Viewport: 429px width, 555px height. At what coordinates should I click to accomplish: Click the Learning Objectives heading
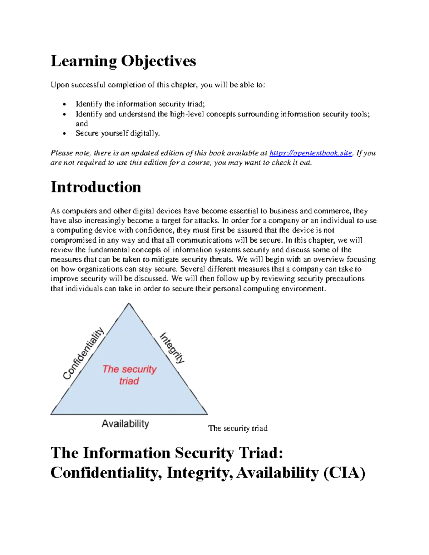tap(123, 61)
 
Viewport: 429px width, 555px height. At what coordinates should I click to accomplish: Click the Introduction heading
tap(96, 187)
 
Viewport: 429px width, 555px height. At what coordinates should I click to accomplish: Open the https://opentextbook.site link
tap(311, 153)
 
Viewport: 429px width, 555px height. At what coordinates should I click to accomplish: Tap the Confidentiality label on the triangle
tap(83, 353)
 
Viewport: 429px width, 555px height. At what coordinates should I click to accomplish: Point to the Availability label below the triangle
tap(125, 424)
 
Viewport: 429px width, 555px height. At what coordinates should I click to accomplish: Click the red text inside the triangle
tap(129, 375)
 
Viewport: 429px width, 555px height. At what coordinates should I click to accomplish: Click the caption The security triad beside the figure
tap(238, 428)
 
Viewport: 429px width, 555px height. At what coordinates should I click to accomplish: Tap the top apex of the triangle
tap(129, 303)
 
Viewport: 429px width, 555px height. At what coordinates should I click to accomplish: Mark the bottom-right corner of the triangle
tap(207, 414)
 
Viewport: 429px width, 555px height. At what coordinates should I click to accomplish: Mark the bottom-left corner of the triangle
tap(51, 414)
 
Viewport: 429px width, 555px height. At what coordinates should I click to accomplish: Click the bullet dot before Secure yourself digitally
tap(64, 134)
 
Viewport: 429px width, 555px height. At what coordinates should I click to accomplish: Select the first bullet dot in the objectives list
tap(64, 104)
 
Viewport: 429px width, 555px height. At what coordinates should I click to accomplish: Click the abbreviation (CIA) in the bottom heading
tap(344, 473)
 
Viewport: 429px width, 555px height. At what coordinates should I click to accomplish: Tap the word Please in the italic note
tap(61, 153)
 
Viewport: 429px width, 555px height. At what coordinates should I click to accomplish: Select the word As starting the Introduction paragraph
tap(55, 211)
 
